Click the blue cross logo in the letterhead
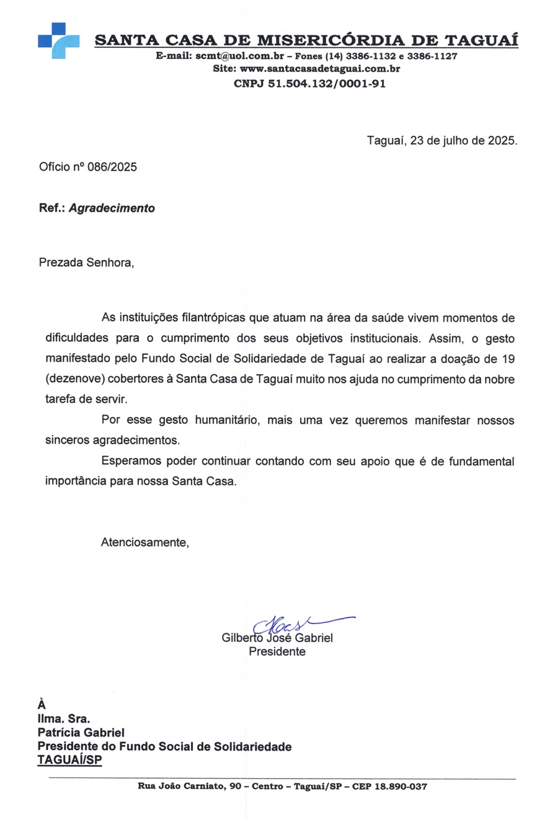pos(59,40)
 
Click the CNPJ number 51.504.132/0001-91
pos(327,83)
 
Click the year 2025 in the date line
pos(501,141)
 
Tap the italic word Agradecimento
pos(112,208)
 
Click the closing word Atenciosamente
pos(144,543)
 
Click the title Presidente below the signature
pos(277,652)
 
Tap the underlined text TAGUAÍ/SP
pos(70,759)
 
